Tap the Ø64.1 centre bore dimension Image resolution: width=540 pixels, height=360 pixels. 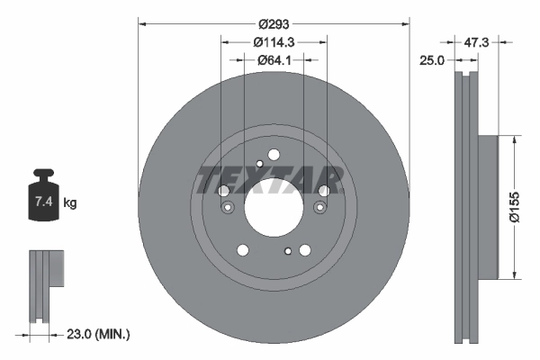coord(273,61)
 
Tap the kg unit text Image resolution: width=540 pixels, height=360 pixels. coord(71,204)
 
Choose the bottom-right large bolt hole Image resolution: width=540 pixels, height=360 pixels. coord(304,251)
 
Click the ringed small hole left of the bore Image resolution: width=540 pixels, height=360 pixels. coord(227,208)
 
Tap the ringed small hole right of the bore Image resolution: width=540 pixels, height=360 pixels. coord(319,208)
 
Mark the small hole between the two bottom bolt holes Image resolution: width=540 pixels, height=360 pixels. coord(287,251)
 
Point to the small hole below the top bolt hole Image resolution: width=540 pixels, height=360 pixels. coord(259,163)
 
